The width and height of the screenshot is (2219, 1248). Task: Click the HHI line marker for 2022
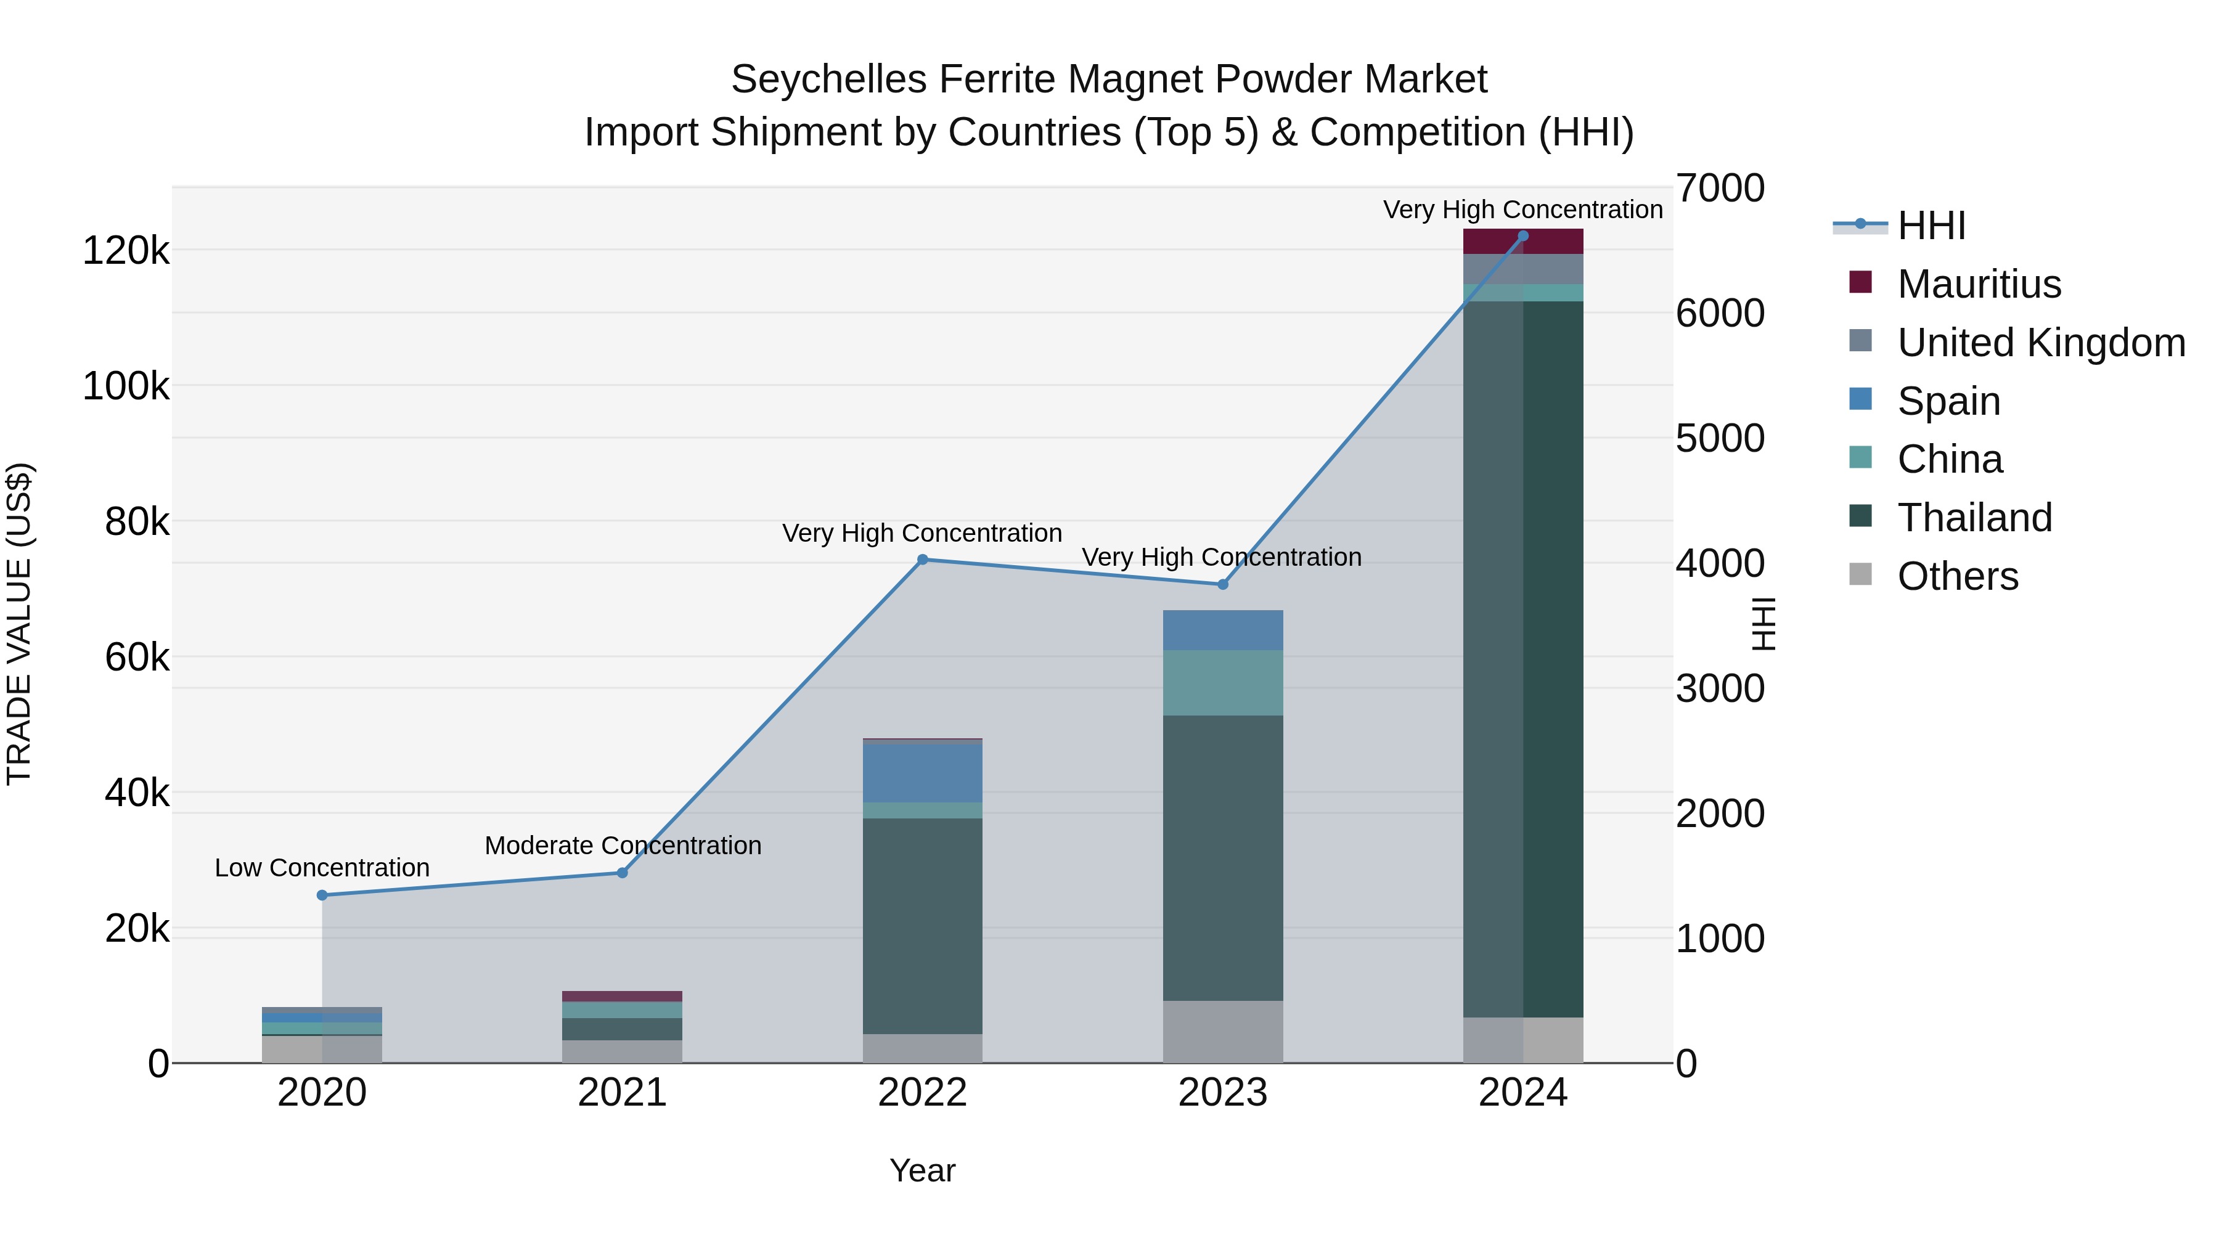923,560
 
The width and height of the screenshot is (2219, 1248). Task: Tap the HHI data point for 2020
322,895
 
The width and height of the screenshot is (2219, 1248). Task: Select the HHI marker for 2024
1523,236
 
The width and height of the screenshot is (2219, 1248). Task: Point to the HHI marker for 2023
1222,585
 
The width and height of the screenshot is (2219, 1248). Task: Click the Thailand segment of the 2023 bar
1222,857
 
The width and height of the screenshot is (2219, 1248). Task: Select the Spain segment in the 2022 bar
923,773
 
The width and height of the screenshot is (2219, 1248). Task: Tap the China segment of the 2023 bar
1222,682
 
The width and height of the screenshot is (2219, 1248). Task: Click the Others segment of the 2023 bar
1222,1031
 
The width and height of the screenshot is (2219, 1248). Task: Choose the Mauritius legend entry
1979,284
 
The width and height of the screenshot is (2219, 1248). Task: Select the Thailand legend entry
1974,518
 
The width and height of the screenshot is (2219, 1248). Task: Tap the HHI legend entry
1931,226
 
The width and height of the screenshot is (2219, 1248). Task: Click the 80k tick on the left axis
136,522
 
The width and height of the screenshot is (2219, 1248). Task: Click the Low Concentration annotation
322,868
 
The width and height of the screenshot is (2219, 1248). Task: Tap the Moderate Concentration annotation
623,846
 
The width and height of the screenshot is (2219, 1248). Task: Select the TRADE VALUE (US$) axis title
20,624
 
